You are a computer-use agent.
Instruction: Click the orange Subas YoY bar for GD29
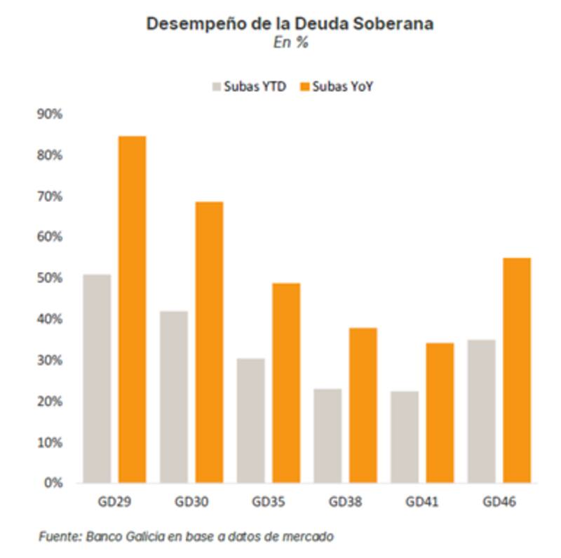click(132, 309)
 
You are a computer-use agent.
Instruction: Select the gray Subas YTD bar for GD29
click(97, 379)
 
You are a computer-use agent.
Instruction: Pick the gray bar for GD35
click(251, 421)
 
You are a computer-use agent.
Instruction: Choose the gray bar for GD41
click(405, 437)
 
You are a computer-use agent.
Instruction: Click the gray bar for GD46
click(482, 411)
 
